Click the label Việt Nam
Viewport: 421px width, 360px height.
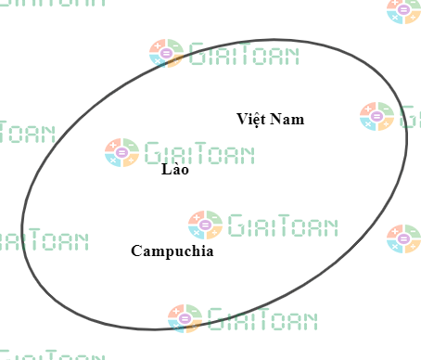pyautogui.click(x=270, y=119)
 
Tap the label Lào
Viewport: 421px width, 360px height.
pyautogui.click(x=174, y=170)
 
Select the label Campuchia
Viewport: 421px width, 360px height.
pyautogui.click(x=172, y=251)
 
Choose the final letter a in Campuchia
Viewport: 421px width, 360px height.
pyautogui.click(x=209, y=251)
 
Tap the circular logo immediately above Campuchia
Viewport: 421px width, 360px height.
pyautogui.click(x=205, y=225)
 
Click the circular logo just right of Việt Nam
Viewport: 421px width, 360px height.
pyautogui.click(x=377, y=116)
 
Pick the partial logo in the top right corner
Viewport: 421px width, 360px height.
pyautogui.click(x=404, y=10)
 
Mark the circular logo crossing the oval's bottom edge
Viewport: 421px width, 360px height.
pyautogui.click(x=185, y=318)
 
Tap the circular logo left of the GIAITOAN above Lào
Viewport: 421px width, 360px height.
pyautogui.click(x=121, y=151)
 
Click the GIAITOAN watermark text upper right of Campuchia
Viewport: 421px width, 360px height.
pyautogui.click(x=282, y=225)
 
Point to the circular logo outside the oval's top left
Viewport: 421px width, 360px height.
pyautogui.click(x=166, y=54)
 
